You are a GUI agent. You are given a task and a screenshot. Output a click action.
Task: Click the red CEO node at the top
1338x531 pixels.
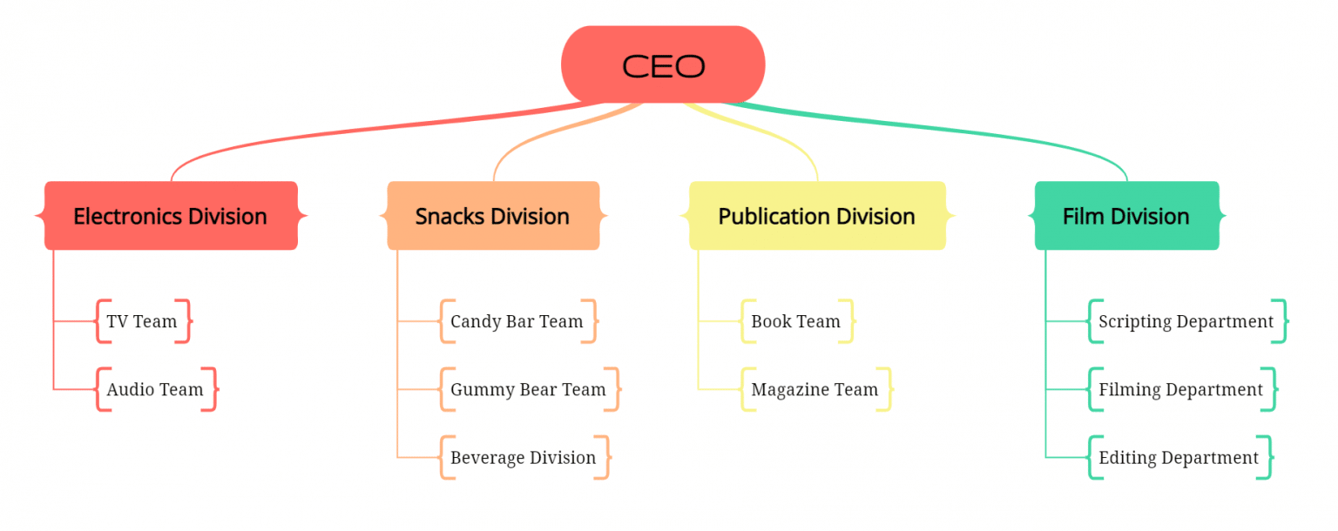click(663, 65)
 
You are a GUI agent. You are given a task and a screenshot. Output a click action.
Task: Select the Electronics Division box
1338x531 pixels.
click(171, 216)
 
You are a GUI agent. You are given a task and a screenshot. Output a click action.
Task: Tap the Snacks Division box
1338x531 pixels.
click(493, 216)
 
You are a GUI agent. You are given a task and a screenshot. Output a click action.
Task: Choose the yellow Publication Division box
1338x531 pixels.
click(816, 216)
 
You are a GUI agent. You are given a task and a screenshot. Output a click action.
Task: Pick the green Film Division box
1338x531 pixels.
click(1126, 216)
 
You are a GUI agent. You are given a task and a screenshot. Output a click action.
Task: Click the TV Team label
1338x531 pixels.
click(142, 321)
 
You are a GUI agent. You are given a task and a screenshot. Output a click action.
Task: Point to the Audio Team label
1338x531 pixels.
click(155, 389)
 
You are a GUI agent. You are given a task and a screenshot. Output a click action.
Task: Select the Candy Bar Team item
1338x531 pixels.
click(517, 321)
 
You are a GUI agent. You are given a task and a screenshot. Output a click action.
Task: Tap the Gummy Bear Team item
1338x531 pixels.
click(528, 389)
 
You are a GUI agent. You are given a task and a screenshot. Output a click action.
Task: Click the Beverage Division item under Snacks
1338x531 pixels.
click(523, 457)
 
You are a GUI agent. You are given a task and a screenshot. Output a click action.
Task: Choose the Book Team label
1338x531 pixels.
click(795, 321)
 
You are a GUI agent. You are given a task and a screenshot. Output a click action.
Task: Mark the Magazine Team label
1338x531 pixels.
click(814, 389)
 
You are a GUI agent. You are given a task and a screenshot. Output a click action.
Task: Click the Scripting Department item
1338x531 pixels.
click(1186, 321)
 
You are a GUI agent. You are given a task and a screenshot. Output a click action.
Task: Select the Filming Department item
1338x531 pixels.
click(1180, 389)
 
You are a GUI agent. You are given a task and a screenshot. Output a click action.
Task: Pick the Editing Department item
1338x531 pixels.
click(1179, 457)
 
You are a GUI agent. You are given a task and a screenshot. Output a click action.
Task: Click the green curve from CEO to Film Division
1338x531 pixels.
click(958, 131)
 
